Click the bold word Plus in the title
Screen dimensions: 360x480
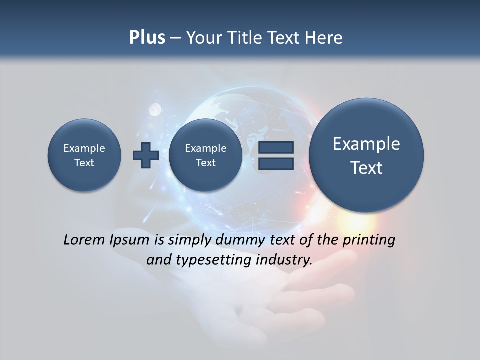click(147, 38)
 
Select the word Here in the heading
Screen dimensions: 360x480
click(324, 38)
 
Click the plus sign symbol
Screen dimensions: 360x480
click(146, 155)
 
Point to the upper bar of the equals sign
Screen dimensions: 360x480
click(276, 147)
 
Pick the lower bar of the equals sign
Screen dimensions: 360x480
click(276, 164)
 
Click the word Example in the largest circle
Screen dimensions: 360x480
click(366, 144)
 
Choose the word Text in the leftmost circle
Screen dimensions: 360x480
click(84, 163)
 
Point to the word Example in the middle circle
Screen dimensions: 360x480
click(205, 148)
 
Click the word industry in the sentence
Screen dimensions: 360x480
click(283, 260)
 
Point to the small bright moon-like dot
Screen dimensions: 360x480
click(155, 108)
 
